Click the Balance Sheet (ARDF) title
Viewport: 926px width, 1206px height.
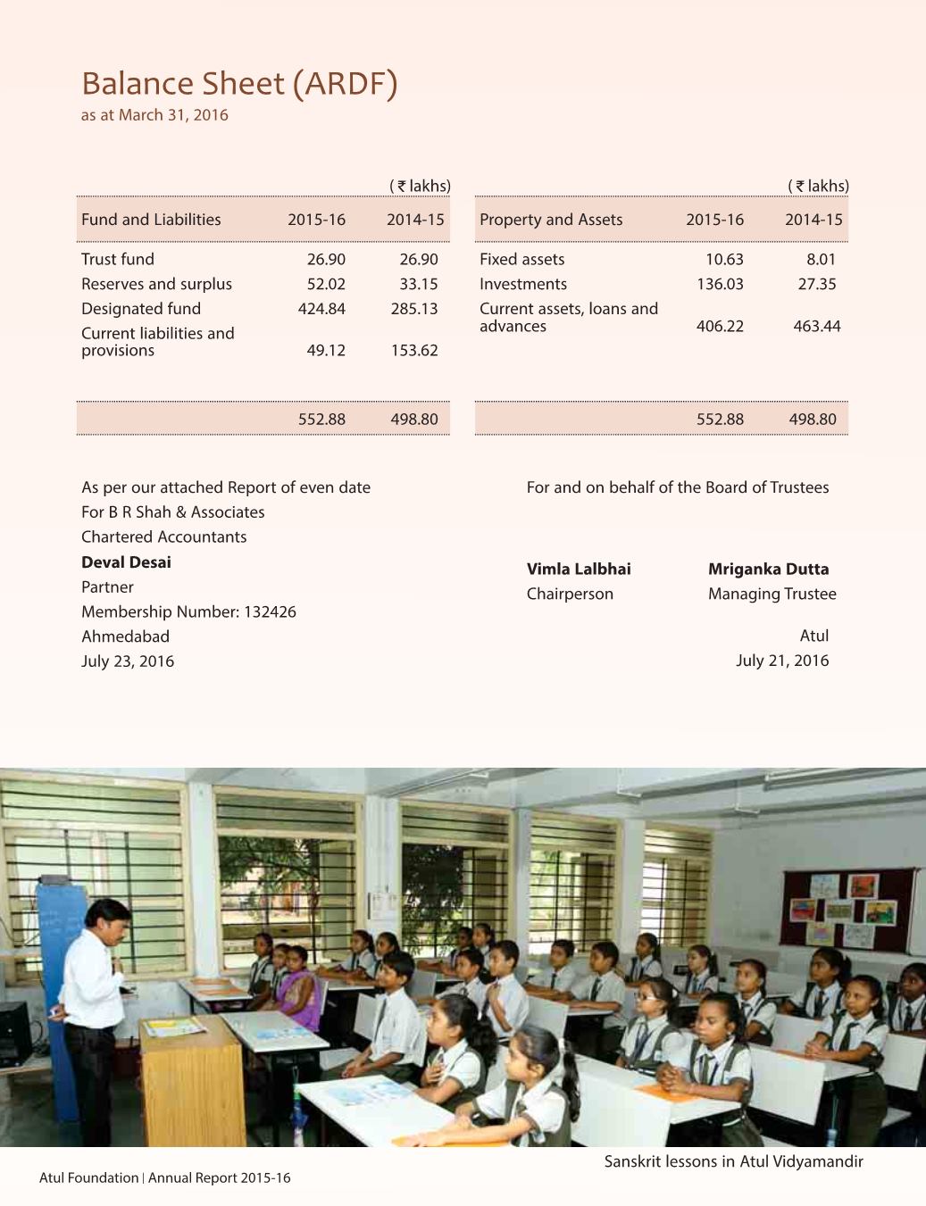(x=238, y=84)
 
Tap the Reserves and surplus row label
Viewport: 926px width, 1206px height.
(x=156, y=284)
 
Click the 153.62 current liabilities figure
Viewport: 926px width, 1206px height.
(x=414, y=351)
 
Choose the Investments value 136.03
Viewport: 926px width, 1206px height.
(x=720, y=284)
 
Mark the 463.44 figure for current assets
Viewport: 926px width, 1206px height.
(x=816, y=326)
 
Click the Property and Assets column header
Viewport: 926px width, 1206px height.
(x=551, y=220)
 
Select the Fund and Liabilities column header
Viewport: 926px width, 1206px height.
(x=151, y=220)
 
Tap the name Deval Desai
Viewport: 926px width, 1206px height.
(x=126, y=562)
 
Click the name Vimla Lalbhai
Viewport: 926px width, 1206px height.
(x=579, y=570)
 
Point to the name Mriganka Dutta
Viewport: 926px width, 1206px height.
(x=768, y=570)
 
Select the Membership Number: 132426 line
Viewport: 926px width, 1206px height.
(x=188, y=612)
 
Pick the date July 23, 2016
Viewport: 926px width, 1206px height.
(x=128, y=661)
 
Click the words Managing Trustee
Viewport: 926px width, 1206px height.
(x=772, y=595)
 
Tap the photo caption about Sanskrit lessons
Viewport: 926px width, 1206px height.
(x=733, y=1162)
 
